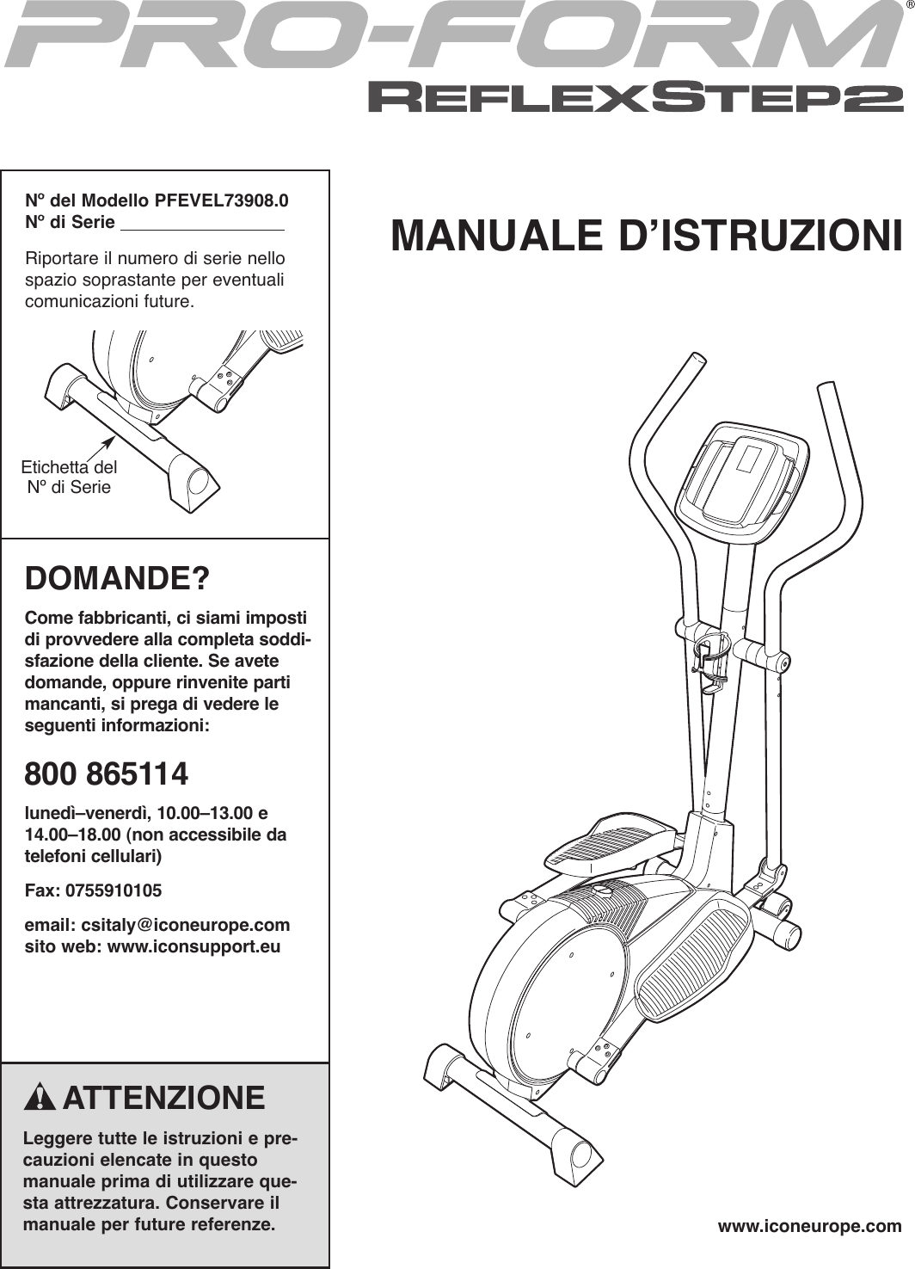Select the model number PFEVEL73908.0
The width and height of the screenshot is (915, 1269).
[x=221, y=202]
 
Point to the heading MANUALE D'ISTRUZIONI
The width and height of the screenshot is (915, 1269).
[x=647, y=237]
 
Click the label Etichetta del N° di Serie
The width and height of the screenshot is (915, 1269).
[x=69, y=477]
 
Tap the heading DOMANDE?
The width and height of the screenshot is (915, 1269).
[x=117, y=579]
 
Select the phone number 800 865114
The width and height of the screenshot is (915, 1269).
[x=107, y=774]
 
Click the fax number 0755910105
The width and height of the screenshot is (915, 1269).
[x=114, y=890]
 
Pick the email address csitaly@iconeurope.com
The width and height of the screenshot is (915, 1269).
[x=185, y=926]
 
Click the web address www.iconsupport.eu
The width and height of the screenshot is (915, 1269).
[x=191, y=947]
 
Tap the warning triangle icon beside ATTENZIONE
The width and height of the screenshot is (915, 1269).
[x=41, y=1100]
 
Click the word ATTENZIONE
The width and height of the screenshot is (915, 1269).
[x=163, y=1099]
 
